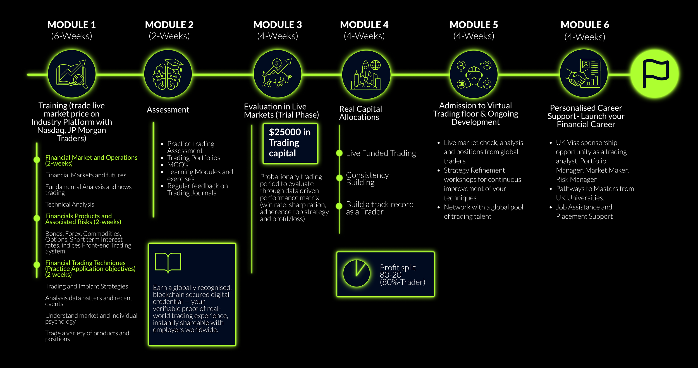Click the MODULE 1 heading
click(71, 25)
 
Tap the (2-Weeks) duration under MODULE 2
click(169, 36)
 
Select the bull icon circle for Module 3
click(278, 74)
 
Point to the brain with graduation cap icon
click(168, 74)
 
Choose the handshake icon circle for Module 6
click(584, 73)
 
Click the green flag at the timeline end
click(655, 74)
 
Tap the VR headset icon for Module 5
click(474, 74)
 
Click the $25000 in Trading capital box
click(290, 143)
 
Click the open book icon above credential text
click(168, 262)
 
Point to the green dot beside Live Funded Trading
click(339, 153)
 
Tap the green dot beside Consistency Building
click(339, 178)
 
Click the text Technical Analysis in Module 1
click(70, 204)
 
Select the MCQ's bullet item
click(178, 165)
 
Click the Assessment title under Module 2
click(168, 110)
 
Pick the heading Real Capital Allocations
click(360, 113)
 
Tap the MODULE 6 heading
click(585, 25)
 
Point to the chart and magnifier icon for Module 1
click(72, 74)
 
